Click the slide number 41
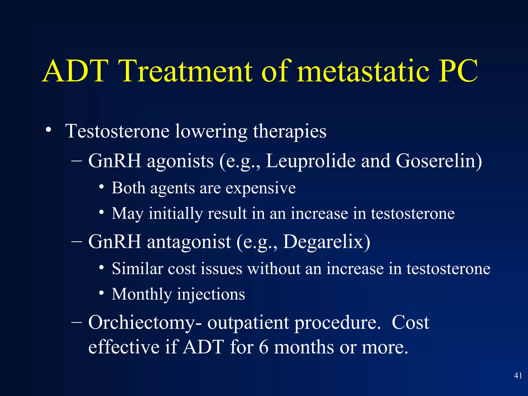coord(518,375)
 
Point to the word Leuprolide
coord(310,161)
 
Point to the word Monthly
coord(142,294)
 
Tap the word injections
coord(211,294)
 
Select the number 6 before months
coord(263,347)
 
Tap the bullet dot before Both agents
coord(102,187)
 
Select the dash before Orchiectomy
coord(77,322)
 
